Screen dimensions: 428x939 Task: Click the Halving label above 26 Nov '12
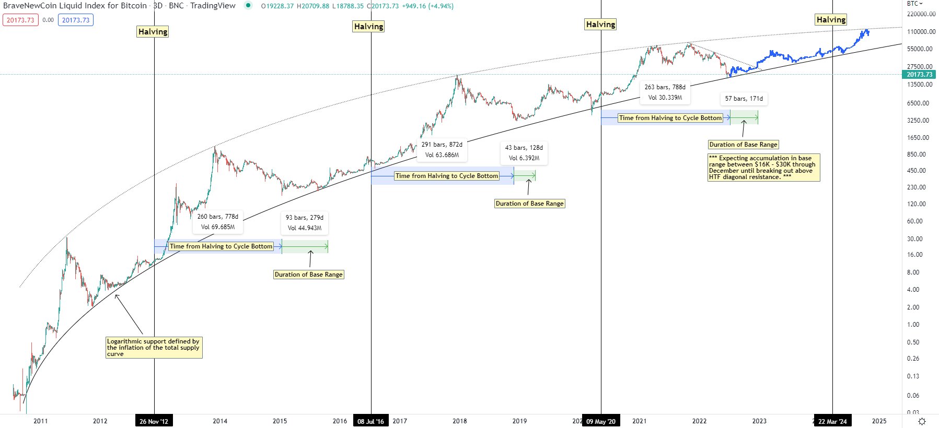[x=153, y=32]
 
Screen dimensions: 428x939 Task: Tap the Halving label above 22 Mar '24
[x=831, y=20]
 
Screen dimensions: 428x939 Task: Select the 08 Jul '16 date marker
[x=371, y=421]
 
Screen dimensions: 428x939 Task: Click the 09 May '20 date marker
[x=601, y=421]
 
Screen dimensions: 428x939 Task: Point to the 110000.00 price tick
[x=921, y=32]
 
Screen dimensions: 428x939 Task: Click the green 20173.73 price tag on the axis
[x=920, y=75]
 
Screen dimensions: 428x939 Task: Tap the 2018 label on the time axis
[x=460, y=421]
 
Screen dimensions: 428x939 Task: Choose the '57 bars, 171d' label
[x=744, y=99]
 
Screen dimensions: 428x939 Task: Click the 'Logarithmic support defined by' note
[x=154, y=348]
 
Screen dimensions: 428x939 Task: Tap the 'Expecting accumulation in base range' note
[x=763, y=168]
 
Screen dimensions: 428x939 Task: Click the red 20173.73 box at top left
[x=20, y=20]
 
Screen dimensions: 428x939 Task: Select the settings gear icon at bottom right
[x=922, y=421]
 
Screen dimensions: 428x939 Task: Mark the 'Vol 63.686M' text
[x=442, y=155]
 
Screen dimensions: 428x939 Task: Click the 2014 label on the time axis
[x=220, y=421]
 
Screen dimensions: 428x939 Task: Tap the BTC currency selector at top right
[x=914, y=4]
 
